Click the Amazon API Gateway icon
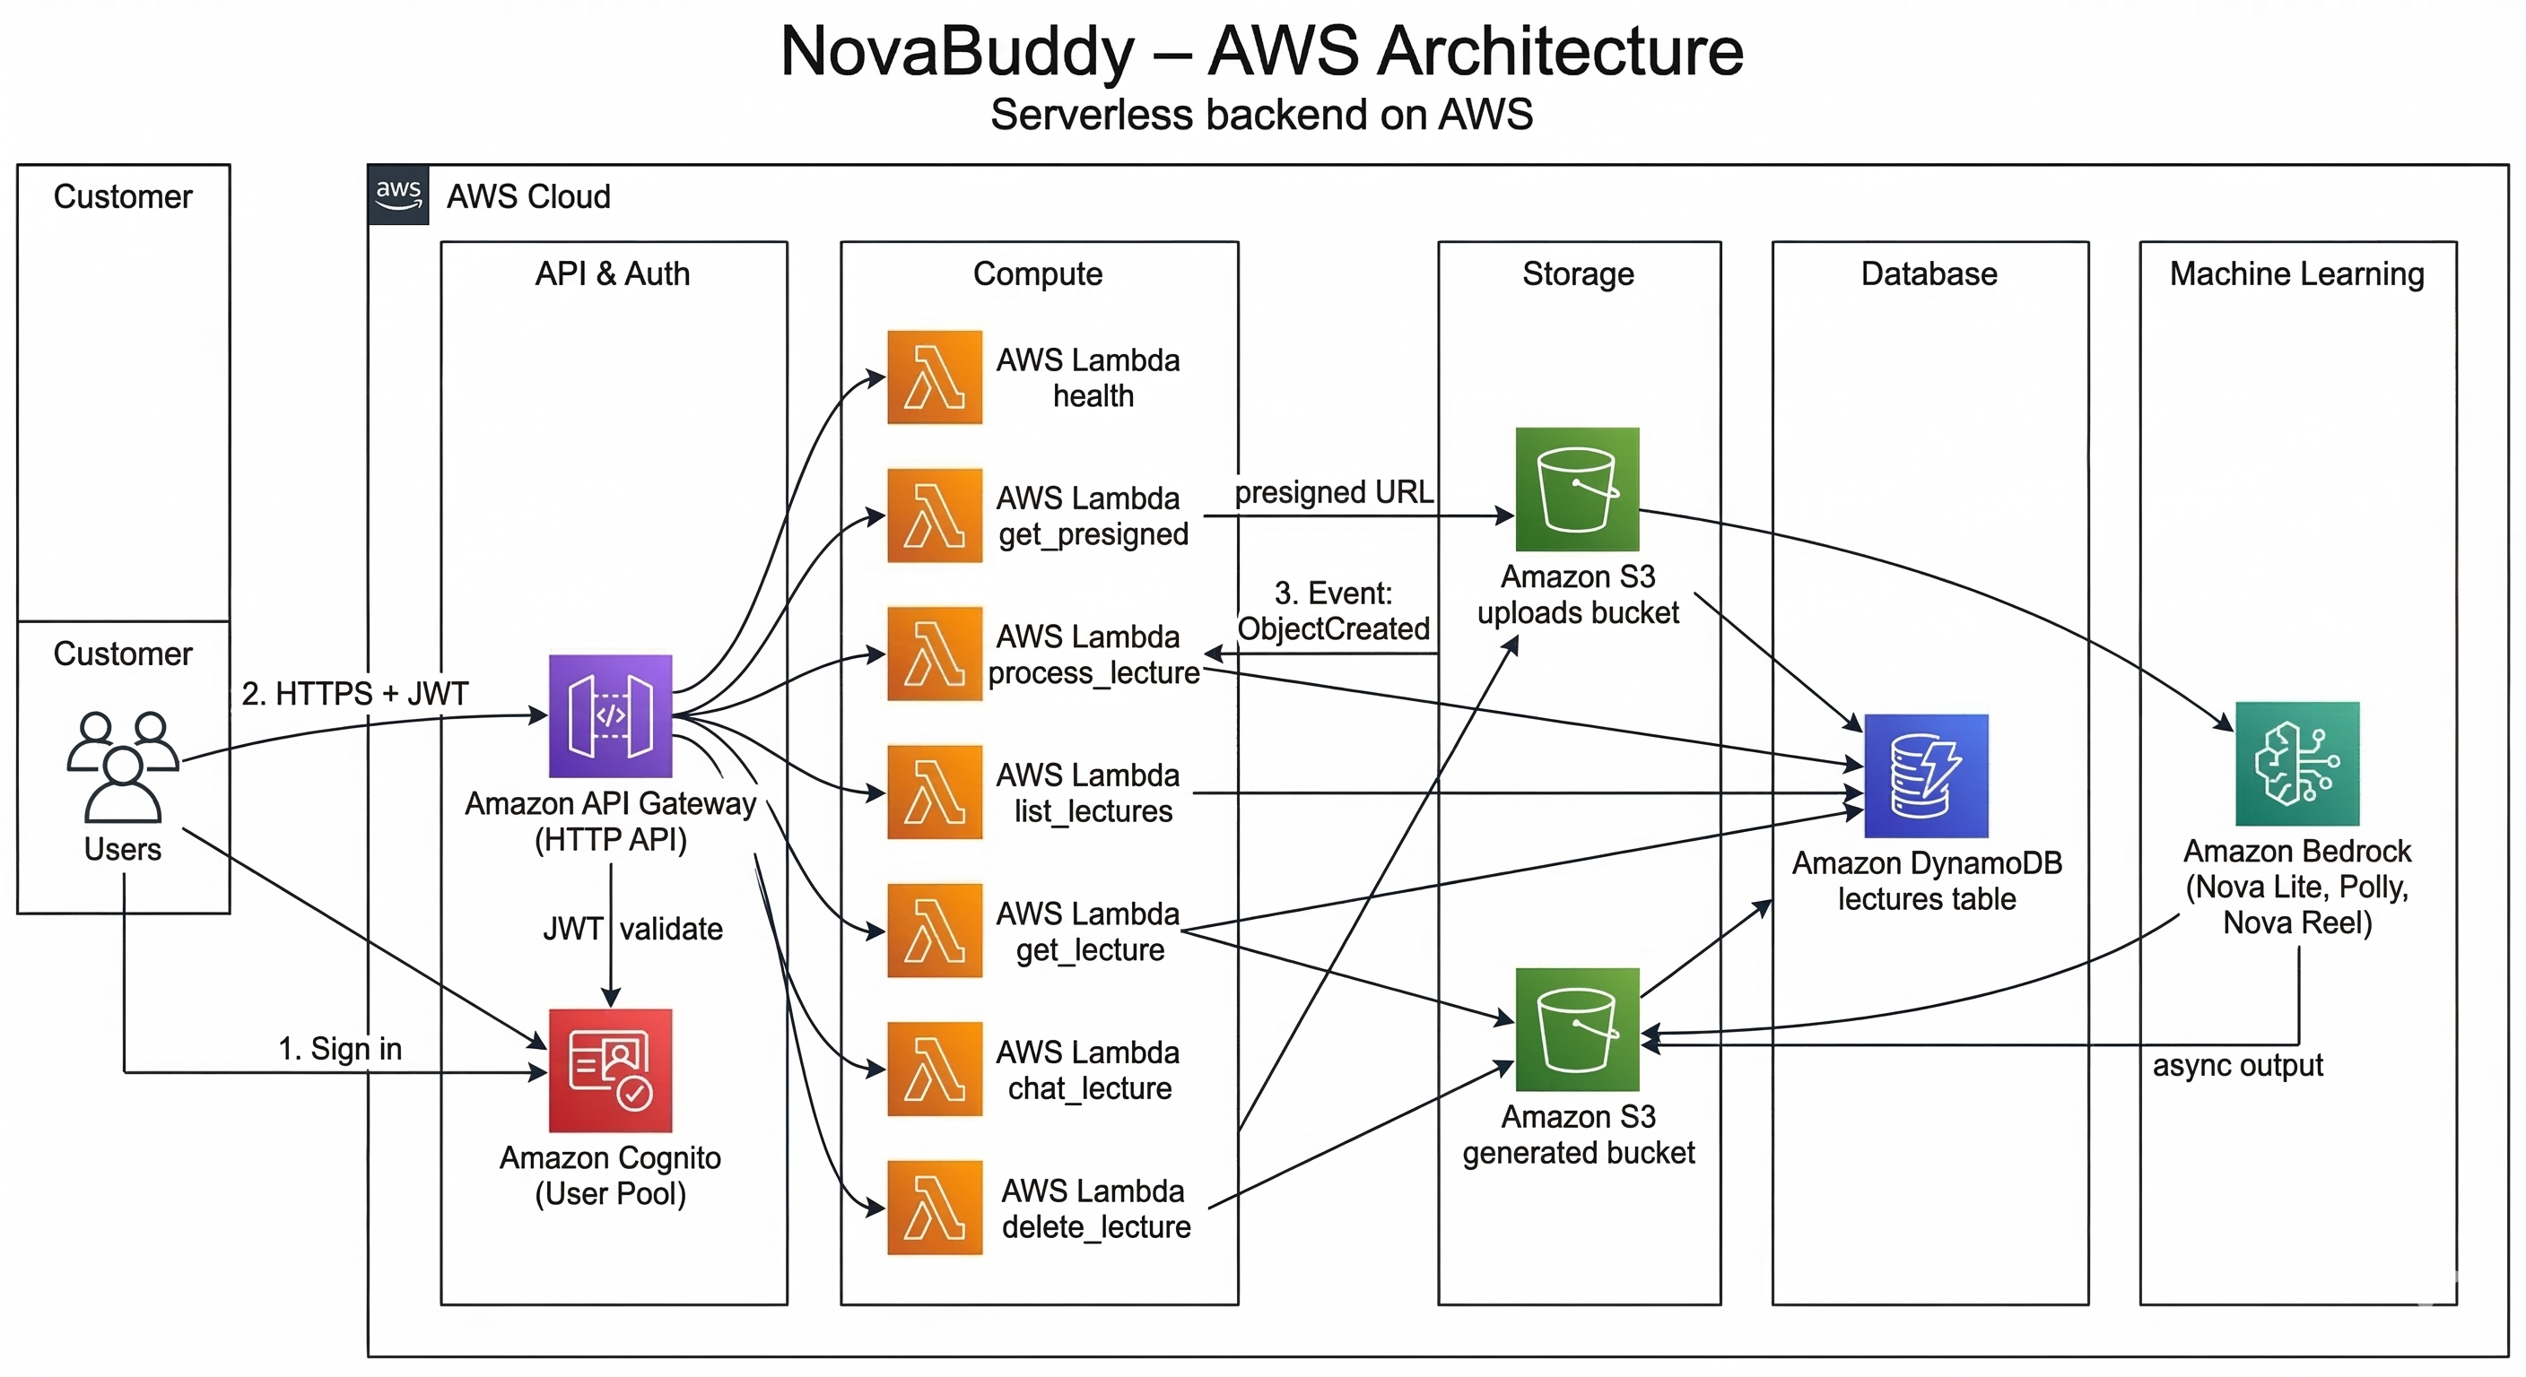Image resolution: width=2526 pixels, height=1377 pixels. [610, 715]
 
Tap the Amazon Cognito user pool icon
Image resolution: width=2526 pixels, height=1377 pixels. [610, 1070]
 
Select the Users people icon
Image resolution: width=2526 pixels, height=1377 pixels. [123, 766]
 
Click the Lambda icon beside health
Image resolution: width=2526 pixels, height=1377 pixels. [935, 377]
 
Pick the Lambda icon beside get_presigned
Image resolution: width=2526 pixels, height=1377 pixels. [935, 515]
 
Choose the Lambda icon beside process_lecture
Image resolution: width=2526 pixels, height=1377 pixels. [935, 654]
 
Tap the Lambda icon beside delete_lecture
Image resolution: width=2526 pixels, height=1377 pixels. [935, 1208]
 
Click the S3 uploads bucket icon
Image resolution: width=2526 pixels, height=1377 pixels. [1577, 489]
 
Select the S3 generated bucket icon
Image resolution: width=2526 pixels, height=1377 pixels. [1577, 1029]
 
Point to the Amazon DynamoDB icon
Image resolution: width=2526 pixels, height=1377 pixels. [1926, 776]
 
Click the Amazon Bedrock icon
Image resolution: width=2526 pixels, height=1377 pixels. [2296, 764]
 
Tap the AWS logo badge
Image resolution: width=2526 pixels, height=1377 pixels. [398, 195]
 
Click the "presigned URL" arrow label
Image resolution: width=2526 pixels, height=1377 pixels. [1334, 492]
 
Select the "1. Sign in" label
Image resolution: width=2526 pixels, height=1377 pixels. [340, 1049]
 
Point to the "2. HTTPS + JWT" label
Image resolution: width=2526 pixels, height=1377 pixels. [355, 694]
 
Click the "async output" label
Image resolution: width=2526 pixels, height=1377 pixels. [2237, 1065]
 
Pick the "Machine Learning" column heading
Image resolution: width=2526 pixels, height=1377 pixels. [2296, 273]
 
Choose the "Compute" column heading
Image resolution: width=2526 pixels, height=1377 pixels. [1038, 273]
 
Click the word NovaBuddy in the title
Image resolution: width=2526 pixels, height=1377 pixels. [957, 51]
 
